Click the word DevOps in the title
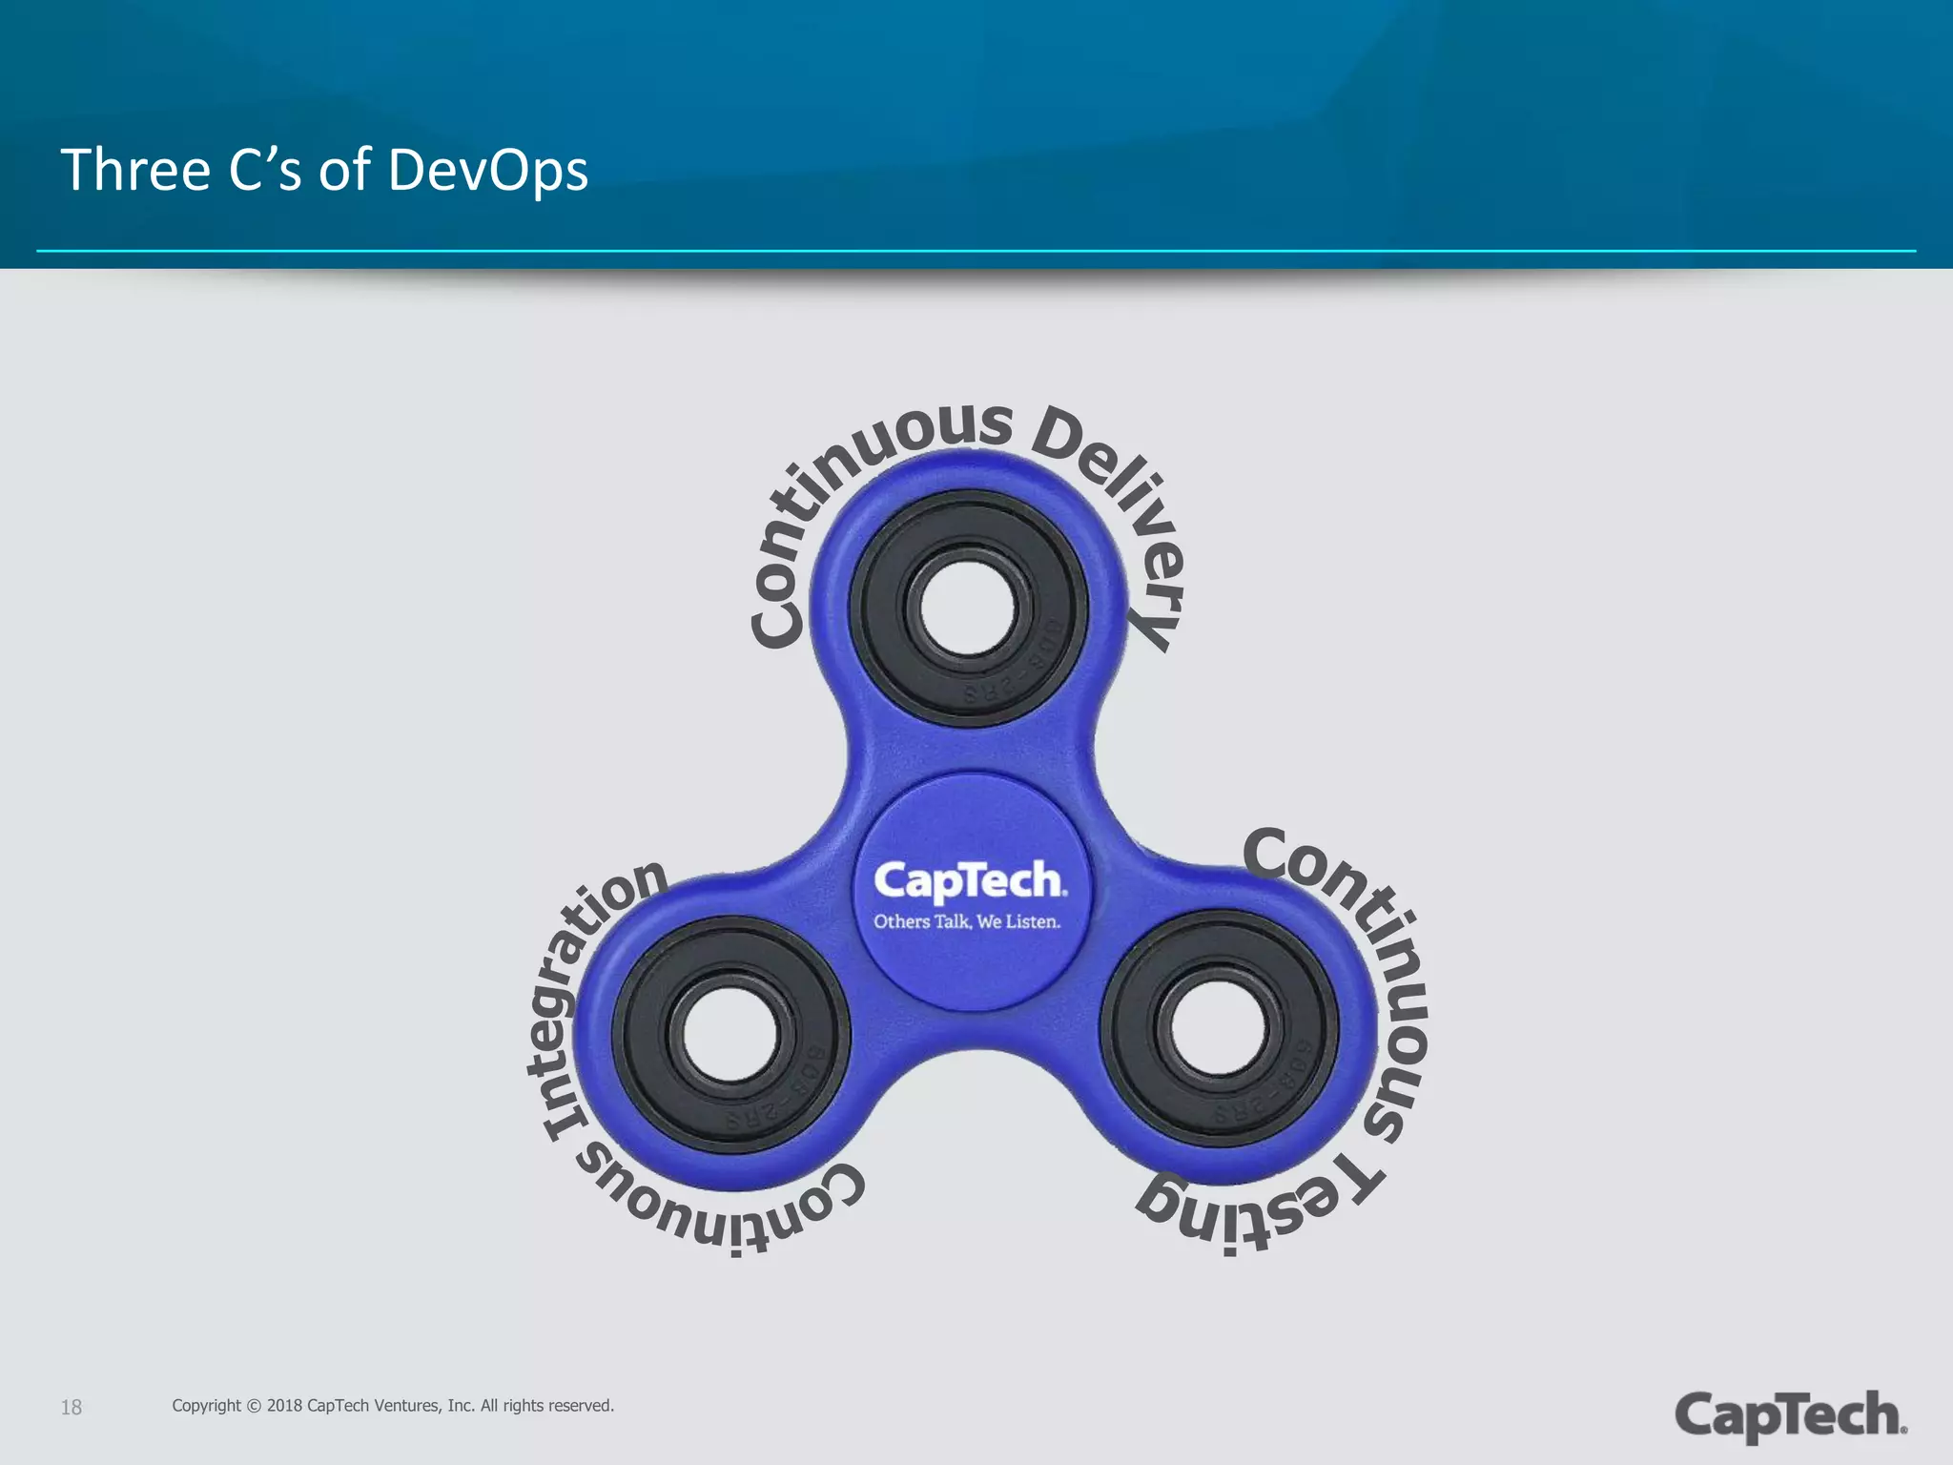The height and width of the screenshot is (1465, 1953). [487, 171]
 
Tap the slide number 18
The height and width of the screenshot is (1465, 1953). [72, 1408]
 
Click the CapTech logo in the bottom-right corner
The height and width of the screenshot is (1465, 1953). [1790, 1415]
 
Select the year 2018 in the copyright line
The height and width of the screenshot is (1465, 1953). [284, 1406]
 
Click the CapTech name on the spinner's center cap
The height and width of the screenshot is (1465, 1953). [969, 880]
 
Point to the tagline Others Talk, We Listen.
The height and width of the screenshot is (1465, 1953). [967, 922]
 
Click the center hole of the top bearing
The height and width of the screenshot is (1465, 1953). [969, 607]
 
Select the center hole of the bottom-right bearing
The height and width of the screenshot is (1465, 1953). [1220, 1029]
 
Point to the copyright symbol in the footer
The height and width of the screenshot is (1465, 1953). [254, 1406]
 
